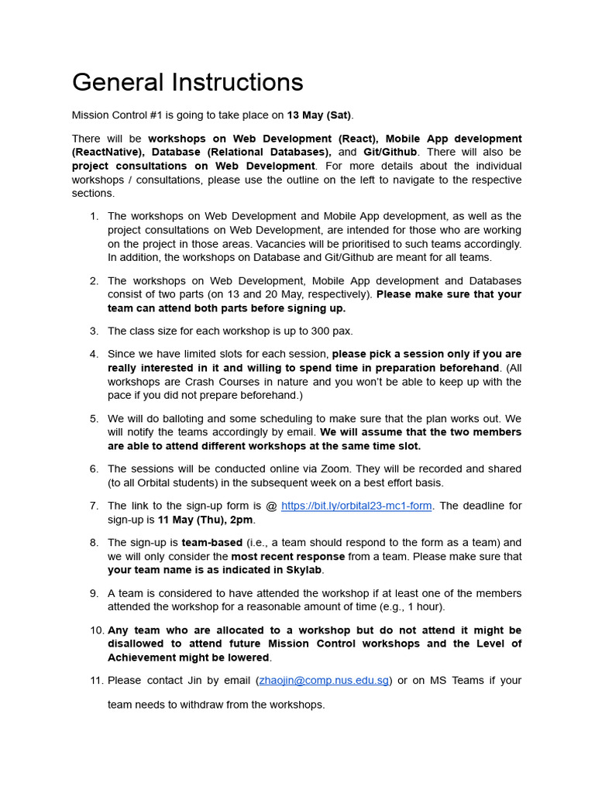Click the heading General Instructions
click(x=187, y=82)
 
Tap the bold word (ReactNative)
click(x=108, y=153)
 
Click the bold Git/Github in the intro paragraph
click(x=390, y=153)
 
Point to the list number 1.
click(x=94, y=216)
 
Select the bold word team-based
click(x=212, y=543)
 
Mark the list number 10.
click(x=96, y=630)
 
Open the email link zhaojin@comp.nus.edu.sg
click(x=324, y=681)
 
